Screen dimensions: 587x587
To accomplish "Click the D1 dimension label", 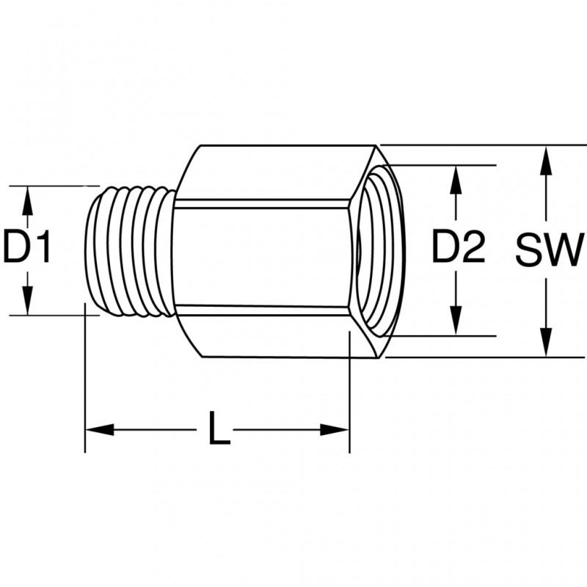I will (27, 248).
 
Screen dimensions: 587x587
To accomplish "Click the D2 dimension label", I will (458, 248).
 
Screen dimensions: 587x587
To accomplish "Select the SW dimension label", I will (547, 251).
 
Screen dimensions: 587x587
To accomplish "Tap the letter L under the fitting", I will (216, 429).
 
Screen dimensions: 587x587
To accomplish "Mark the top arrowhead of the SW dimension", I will (546, 158).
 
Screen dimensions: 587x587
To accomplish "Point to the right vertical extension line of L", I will (349, 396).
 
